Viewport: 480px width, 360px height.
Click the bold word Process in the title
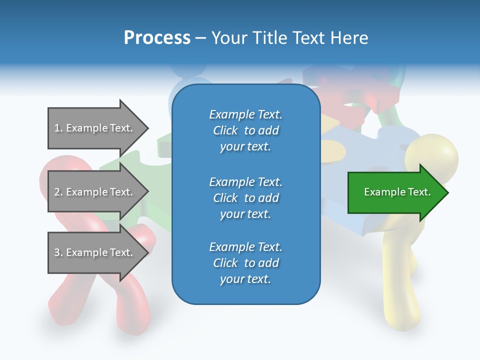[x=157, y=38]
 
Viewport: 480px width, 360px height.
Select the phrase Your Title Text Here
[x=289, y=38]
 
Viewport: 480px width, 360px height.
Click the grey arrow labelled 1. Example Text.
[x=95, y=128]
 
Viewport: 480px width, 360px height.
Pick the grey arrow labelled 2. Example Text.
[x=95, y=192]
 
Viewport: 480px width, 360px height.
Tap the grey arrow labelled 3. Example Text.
[x=95, y=252]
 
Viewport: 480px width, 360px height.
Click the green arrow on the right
[x=395, y=192]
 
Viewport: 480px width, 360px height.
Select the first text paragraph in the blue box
[x=245, y=130]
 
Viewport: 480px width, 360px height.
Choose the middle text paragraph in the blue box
[x=245, y=198]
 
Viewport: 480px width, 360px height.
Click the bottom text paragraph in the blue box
[x=245, y=263]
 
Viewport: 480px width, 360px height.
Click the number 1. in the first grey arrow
[x=58, y=128]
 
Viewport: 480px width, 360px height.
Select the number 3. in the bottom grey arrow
[x=58, y=252]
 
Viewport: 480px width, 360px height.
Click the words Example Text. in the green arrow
[x=397, y=192]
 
